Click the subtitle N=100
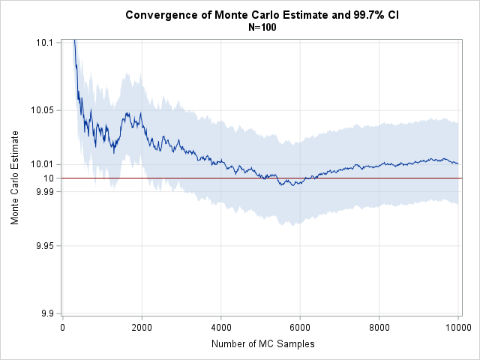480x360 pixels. click(x=264, y=27)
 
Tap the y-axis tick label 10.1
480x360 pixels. click(x=44, y=42)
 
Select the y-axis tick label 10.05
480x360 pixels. click(x=42, y=110)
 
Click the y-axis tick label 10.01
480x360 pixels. click(x=42, y=164)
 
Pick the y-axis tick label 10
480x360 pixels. click(x=48, y=178)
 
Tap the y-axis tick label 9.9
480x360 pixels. click(x=46, y=314)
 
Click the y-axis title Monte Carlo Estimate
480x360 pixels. click(x=15, y=178)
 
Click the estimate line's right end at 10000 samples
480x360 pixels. click(x=458, y=163)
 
